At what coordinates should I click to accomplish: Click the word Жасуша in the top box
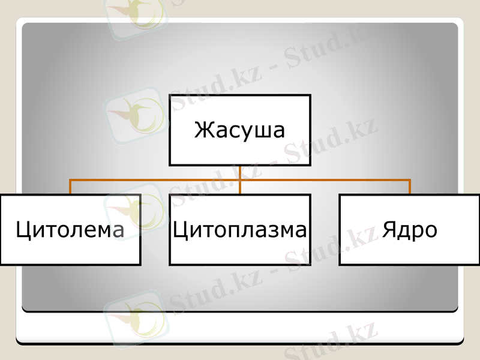tap(239, 130)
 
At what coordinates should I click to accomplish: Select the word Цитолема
tap(70, 230)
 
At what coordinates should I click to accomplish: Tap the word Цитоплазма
tap(240, 230)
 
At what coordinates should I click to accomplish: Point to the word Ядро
tap(410, 230)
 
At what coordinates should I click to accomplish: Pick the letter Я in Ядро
tap(390, 229)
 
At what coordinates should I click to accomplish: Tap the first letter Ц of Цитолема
tap(24, 230)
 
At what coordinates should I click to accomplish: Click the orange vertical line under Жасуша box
tap(240, 173)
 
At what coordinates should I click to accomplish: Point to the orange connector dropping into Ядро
tap(410, 187)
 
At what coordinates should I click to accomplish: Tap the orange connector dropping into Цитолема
tap(70, 187)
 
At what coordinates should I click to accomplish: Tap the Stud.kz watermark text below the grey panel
tap(330, 342)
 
